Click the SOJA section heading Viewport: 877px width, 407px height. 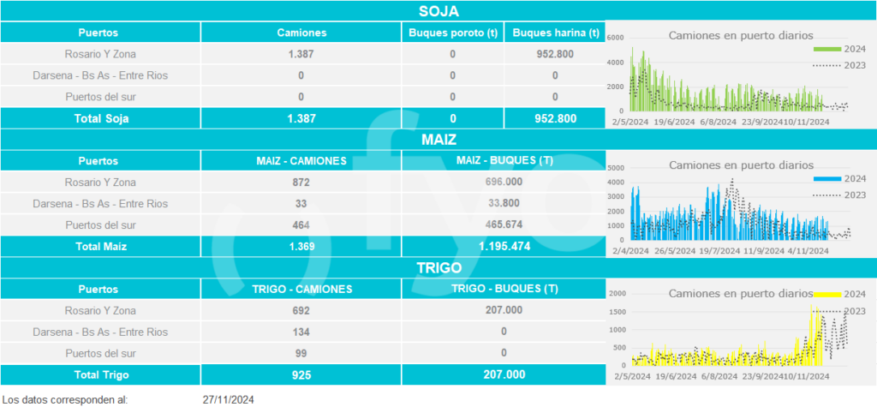(x=438, y=11)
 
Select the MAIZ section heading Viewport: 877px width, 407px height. (x=438, y=139)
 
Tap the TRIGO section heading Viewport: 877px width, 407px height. (x=438, y=267)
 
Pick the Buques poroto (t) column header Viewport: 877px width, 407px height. (x=452, y=33)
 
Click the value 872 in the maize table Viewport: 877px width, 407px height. (x=300, y=183)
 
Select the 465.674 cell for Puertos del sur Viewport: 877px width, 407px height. (x=503, y=224)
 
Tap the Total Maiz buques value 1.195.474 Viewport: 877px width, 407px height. (x=503, y=247)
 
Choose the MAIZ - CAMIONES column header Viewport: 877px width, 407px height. (x=301, y=161)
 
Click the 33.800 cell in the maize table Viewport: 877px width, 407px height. (x=503, y=204)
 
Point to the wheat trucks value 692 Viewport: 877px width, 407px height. (x=300, y=310)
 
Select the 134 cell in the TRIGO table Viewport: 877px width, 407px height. (x=300, y=332)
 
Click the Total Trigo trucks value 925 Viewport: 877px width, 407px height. (x=300, y=374)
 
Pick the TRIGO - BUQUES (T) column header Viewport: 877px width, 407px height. (x=503, y=289)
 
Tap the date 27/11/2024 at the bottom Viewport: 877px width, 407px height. (x=229, y=399)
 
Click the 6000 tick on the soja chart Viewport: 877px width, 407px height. (x=615, y=39)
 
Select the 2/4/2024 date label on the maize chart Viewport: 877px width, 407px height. (x=629, y=251)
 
